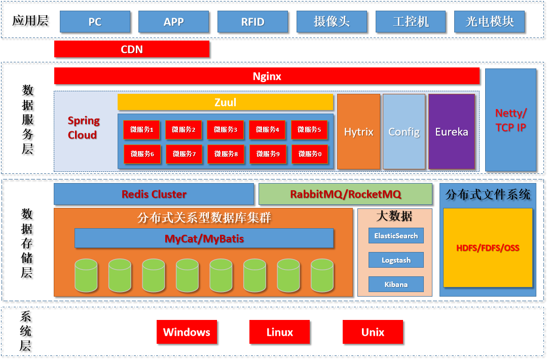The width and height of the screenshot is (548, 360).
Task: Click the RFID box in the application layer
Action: pyautogui.click(x=252, y=22)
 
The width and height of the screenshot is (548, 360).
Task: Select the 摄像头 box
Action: pyautogui.click(x=332, y=22)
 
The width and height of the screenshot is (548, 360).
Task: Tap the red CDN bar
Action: pyautogui.click(x=132, y=49)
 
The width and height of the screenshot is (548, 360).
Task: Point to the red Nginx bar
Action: pyautogui.click(x=267, y=76)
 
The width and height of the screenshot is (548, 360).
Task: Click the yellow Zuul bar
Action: pyautogui.click(x=226, y=102)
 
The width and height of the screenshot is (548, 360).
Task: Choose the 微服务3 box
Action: pyautogui.click(x=226, y=130)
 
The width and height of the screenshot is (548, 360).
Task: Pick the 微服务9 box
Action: pyautogui.click(x=267, y=154)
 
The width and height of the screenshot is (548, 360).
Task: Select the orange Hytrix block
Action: pyautogui.click(x=358, y=132)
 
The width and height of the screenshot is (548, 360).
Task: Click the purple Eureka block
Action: pyautogui.click(x=452, y=132)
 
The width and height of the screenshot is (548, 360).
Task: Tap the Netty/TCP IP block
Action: pyautogui.click(x=510, y=120)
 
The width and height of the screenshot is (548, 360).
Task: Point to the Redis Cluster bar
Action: pyautogui.click(x=154, y=194)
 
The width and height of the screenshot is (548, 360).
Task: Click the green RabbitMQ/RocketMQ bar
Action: pyautogui.click(x=345, y=194)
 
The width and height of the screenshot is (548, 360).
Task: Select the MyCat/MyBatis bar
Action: pyautogui.click(x=204, y=238)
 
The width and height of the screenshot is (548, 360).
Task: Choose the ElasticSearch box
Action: pyautogui.click(x=396, y=236)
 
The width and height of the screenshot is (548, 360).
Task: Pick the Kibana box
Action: pyautogui.click(x=396, y=284)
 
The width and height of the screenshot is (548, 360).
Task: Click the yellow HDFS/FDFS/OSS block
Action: pyautogui.click(x=488, y=248)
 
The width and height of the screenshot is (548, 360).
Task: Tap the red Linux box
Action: pyautogui.click(x=279, y=332)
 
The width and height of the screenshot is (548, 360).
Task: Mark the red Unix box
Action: pyautogui.click(x=373, y=332)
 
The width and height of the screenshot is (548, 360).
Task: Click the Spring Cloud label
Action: pyautogui.click(x=83, y=128)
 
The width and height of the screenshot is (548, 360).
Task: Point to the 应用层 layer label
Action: pyautogui.click(x=30, y=21)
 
